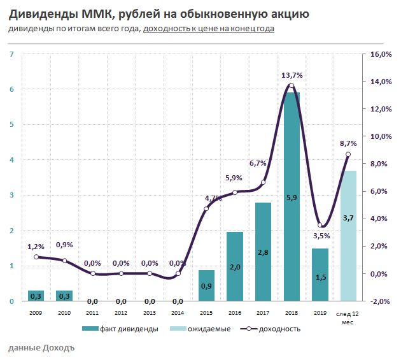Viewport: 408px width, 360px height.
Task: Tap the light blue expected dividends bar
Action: pos(348,236)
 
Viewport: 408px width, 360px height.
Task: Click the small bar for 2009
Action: pos(36,296)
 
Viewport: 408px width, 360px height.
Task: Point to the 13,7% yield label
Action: pos(292,75)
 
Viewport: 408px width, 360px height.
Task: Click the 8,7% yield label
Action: pos(348,144)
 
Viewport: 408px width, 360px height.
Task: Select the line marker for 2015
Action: pos(206,208)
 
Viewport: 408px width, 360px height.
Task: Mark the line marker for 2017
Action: pos(264,182)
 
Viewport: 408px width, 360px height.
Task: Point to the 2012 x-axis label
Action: pos(121,313)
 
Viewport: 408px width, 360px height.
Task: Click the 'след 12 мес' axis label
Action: pos(348,317)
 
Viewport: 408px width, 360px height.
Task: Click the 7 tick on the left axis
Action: pos(12,54)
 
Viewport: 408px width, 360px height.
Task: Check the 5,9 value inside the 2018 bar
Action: pos(292,198)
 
